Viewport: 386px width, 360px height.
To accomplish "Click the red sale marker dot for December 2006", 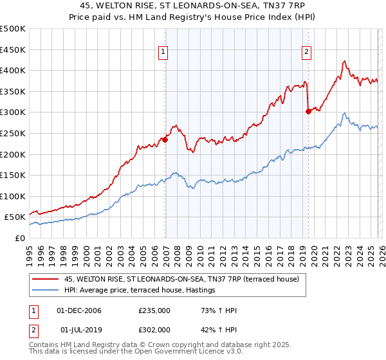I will tap(165, 139).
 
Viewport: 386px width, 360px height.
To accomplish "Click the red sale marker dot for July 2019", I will tap(308, 111).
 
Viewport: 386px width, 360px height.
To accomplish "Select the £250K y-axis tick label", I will tap(13, 133).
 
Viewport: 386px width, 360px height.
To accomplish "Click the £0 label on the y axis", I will tap(20, 238).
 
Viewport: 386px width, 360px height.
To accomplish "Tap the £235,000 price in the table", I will tap(154, 311).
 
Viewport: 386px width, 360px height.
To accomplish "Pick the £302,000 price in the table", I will tap(154, 329).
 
